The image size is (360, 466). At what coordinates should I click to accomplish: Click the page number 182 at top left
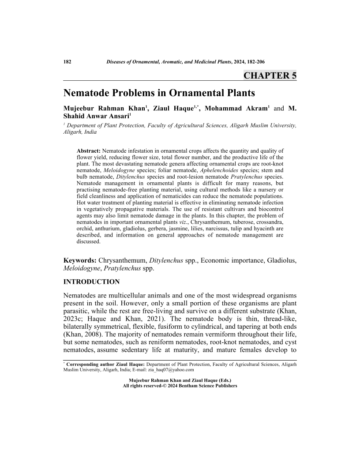coord(68,62)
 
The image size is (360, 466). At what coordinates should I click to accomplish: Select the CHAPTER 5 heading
coord(270,75)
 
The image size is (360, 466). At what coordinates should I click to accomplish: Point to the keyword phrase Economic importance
coord(232,261)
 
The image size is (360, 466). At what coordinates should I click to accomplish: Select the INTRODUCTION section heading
coord(91,282)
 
